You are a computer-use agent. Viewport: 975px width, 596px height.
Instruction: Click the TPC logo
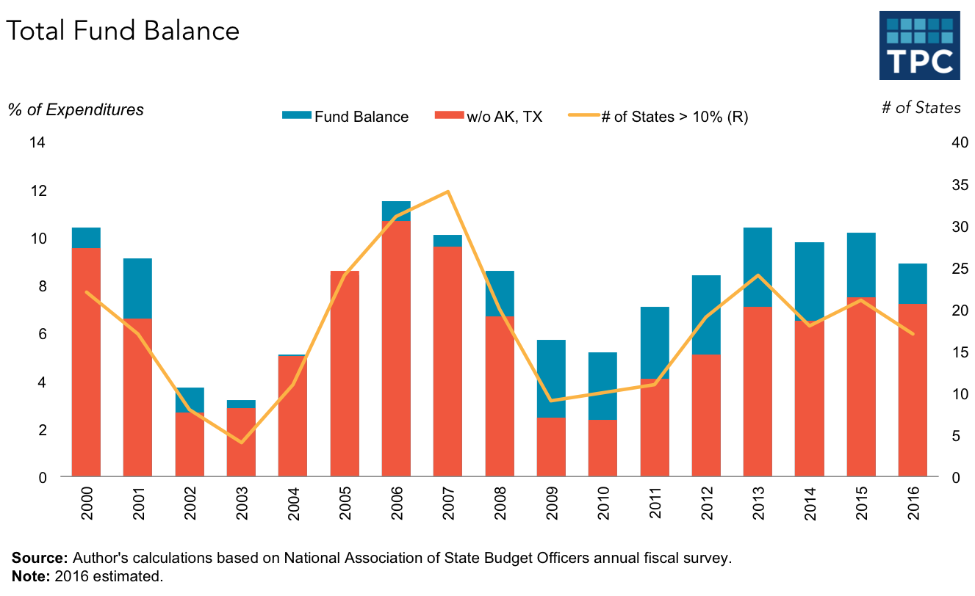pos(919,45)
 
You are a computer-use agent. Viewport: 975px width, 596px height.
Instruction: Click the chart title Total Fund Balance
pos(123,31)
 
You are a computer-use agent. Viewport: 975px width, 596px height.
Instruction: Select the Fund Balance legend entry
pos(345,116)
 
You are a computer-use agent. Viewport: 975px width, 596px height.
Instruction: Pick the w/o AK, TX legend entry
pos(489,116)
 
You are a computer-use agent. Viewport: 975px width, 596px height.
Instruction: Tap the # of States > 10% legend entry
pos(658,116)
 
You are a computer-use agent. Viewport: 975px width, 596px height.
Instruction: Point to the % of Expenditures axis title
pos(76,109)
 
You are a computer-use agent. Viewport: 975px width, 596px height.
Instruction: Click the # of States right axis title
pos(921,108)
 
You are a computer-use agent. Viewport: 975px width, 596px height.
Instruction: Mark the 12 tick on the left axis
pos(37,190)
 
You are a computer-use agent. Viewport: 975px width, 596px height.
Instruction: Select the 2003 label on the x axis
pos(242,503)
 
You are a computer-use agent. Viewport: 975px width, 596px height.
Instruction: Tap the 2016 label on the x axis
pos(913,503)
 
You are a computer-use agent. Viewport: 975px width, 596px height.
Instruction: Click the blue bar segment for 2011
pos(655,342)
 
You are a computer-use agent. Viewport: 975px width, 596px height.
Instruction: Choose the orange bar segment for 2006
pos(396,349)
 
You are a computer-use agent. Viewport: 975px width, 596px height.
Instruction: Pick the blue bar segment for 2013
pos(758,266)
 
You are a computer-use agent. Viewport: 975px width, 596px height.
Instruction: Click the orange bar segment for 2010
pos(602,448)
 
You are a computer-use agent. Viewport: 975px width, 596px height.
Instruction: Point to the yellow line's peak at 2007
pos(447,192)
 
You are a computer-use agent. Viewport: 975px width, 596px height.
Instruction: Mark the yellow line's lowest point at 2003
pos(241,443)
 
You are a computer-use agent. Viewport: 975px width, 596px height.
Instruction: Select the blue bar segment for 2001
pos(137,288)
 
